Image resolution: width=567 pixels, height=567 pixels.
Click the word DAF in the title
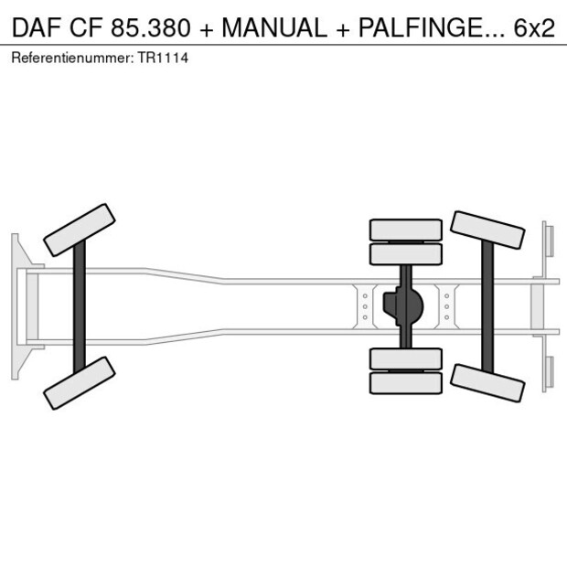tap(34, 28)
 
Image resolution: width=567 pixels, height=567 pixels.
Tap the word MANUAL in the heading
tap(273, 28)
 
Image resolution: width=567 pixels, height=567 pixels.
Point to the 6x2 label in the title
tap(533, 28)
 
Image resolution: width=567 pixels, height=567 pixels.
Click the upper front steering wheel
tap(80, 230)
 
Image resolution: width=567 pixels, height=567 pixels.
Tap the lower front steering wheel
tap(80, 382)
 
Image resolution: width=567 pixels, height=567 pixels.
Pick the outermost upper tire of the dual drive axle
tap(405, 229)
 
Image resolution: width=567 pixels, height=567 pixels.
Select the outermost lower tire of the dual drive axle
tap(405, 383)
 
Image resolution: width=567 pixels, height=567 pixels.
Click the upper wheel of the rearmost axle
tap(488, 230)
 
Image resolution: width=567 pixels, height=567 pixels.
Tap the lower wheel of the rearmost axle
tap(488, 381)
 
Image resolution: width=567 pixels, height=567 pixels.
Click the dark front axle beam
tap(80, 306)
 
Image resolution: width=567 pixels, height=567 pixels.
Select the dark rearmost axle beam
tap(488, 306)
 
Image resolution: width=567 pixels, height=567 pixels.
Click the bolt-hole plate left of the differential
tap(365, 306)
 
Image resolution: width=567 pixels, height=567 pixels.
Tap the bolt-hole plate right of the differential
tap(447, 306)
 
